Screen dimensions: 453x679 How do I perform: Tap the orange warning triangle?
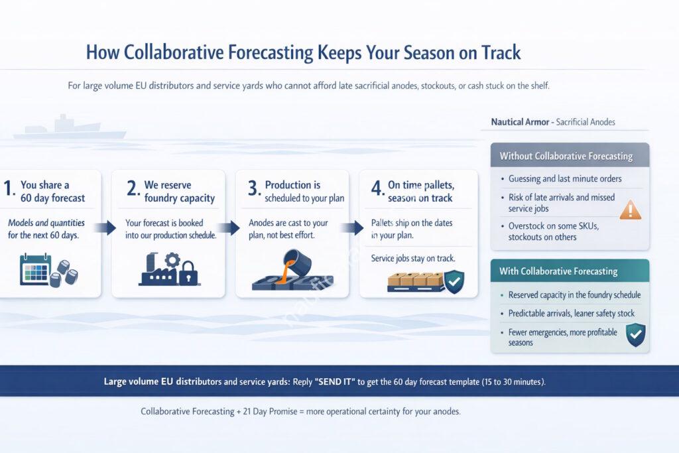pos(630,210)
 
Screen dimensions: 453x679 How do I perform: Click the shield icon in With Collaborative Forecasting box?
pos(635,334)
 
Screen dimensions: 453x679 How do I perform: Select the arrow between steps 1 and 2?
pos(105,228)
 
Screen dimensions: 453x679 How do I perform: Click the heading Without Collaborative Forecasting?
pos(566,157)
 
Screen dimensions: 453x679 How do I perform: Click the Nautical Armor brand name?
pos(521,122)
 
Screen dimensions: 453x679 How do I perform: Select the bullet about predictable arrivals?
pos(571,313)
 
